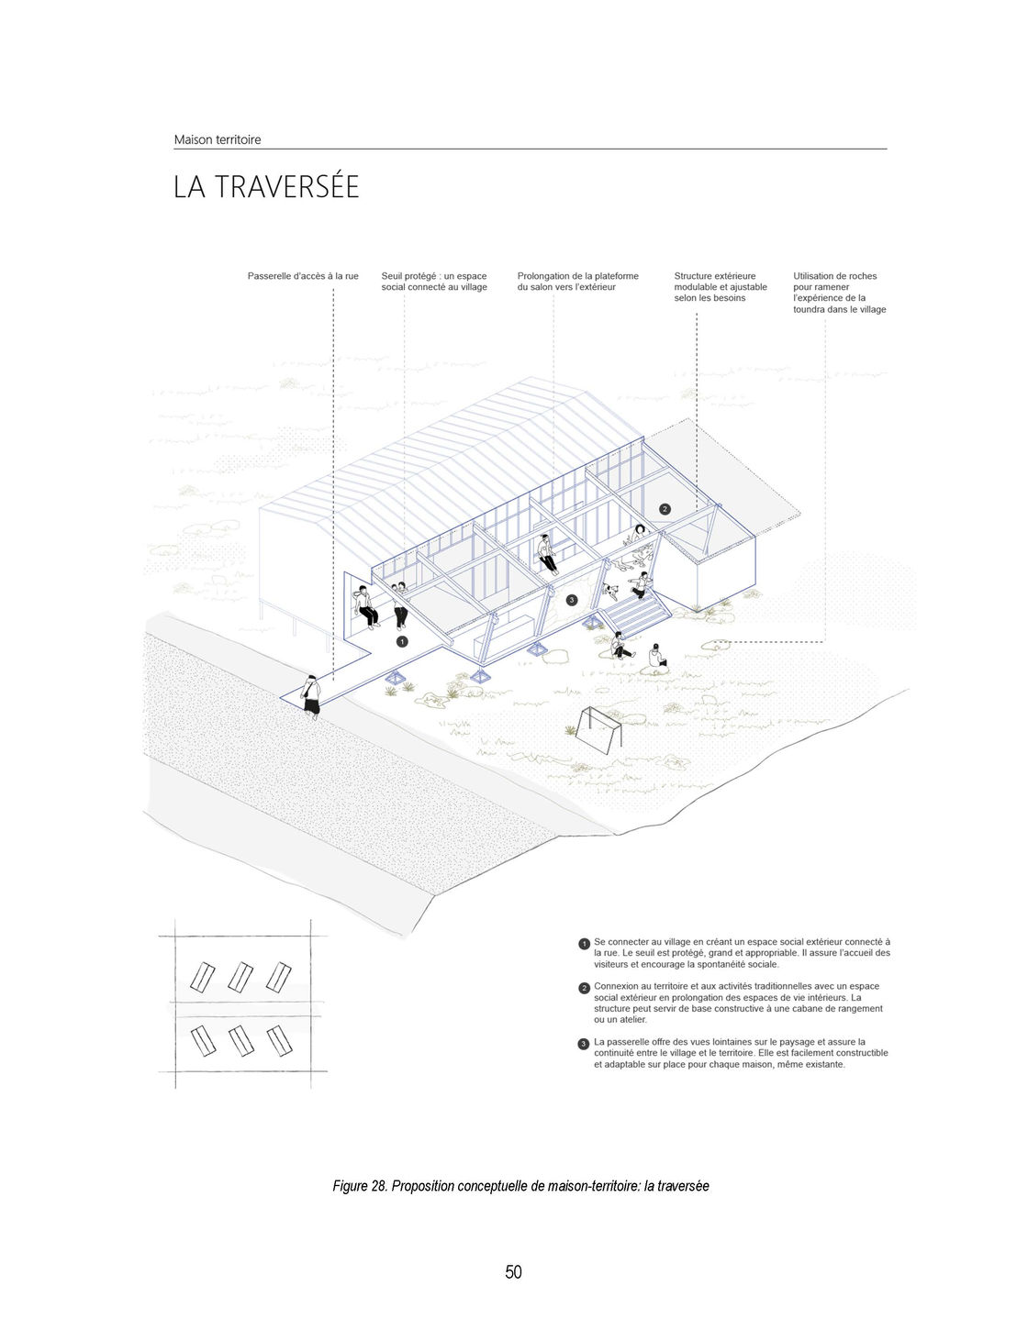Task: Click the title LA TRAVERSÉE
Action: point(266,187)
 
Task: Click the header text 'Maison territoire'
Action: point(218,139)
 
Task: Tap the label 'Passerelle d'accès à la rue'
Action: point(303,276)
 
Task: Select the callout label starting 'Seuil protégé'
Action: point(434,282)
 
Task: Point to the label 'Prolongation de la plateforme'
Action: point(577,282)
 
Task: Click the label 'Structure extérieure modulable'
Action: point(720,286)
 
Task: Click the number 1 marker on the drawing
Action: point(402,641)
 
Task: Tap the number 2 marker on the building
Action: point(665,508)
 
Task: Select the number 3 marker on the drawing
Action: point(571,600)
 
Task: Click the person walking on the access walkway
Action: point(312,694)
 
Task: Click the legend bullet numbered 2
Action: point(584,988)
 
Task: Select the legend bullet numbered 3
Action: point(584,1044)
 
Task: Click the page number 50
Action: point(513,1271)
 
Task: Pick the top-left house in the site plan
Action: point(202,977)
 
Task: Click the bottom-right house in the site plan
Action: point(278,1041)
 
